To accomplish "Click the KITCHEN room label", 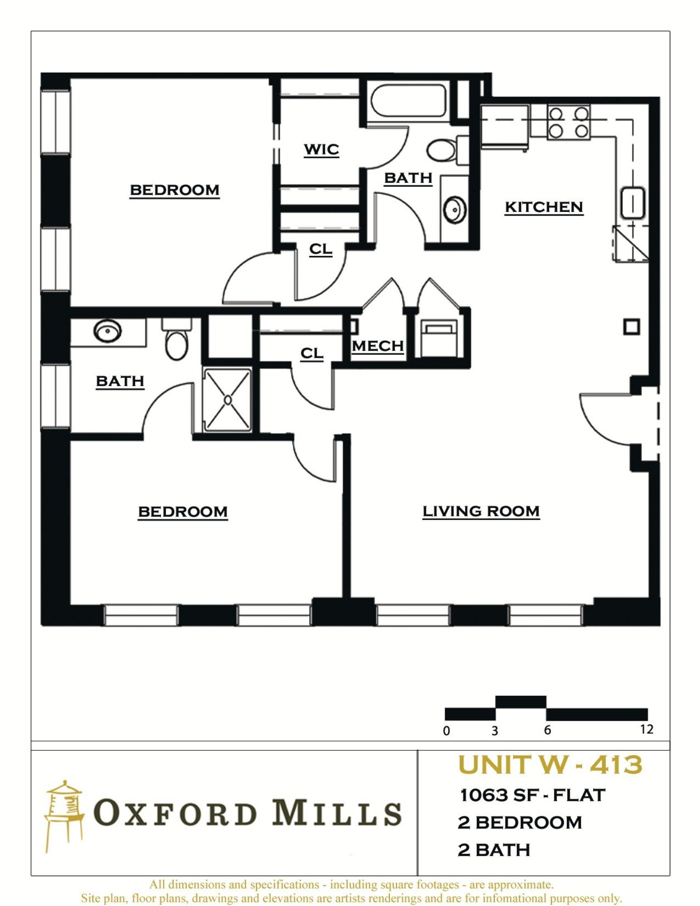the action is (544, 207).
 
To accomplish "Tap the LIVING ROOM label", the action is (481, 511).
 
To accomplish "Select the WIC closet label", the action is (321, 149).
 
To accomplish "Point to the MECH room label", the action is (378, 346).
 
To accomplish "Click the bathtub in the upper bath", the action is (408, 101).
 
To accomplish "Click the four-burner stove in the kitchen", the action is (569, 122).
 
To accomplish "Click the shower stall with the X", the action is (227, 400).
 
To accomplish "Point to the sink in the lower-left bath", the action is (107, 331).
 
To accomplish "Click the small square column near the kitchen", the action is (632, 327).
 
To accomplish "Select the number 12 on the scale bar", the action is (647, 729).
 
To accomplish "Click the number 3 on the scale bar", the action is (495, 731).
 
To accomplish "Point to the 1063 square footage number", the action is (484, 795).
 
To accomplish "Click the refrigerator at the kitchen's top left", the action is (504, 126).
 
